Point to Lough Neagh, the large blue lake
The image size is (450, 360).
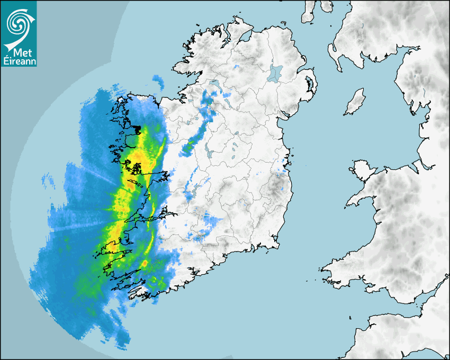point(276,73)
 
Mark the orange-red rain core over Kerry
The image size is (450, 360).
point(145,263)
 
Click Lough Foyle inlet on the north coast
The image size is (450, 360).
point(245,35)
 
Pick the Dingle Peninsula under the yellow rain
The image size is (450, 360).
point(114,247)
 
